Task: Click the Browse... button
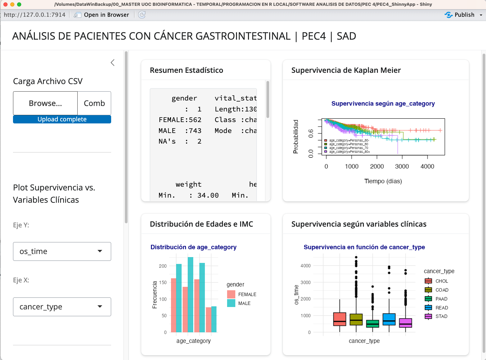pos(45,103)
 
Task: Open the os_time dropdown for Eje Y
pos(62,251)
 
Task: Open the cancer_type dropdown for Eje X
pos(62,307)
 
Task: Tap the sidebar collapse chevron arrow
pos(113,63)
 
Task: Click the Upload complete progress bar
pos(62,119)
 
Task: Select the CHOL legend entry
pos(441,281)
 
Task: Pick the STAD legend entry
pos(441,316)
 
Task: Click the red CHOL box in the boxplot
pos(340,319)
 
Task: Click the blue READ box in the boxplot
pos(389,319)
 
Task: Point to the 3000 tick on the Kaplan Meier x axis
pos(402,166)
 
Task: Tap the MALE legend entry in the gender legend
pos(244,303)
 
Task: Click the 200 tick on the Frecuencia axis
pos(163,266)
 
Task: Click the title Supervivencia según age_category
pos(383,104)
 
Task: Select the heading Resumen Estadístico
pos(186,70)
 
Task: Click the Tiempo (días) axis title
pos(383,181)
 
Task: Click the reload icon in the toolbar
pos(142,15)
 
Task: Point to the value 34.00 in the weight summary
pos(208,195)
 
